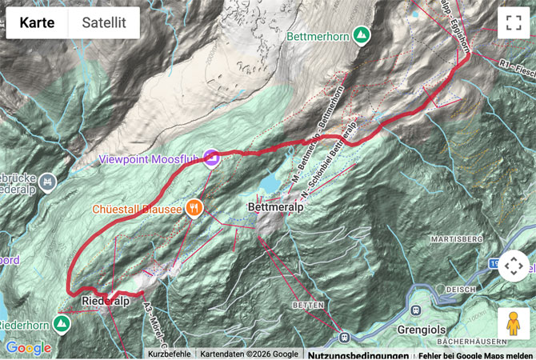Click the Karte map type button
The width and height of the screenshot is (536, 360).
coord(37,22)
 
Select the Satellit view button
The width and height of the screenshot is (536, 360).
coord(103,22)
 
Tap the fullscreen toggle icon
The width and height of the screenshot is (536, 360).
coord(513,22)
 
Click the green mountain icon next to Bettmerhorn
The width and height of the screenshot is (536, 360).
coord(362,35)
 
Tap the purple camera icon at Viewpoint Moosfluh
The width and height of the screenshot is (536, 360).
coord(211,158)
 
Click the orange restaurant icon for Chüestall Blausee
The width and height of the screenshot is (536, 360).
coord(193,209)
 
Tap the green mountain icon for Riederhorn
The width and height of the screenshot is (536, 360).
coord(61,323)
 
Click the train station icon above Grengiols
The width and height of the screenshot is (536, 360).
coord(416,310)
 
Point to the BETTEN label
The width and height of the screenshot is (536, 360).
coord(308,306)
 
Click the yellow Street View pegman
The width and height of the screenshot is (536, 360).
coord(513,324)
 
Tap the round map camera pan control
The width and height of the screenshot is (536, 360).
coord(513,266)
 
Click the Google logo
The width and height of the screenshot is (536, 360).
coord(29,348)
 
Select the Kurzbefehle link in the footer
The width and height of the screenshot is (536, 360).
coord(169,354)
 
